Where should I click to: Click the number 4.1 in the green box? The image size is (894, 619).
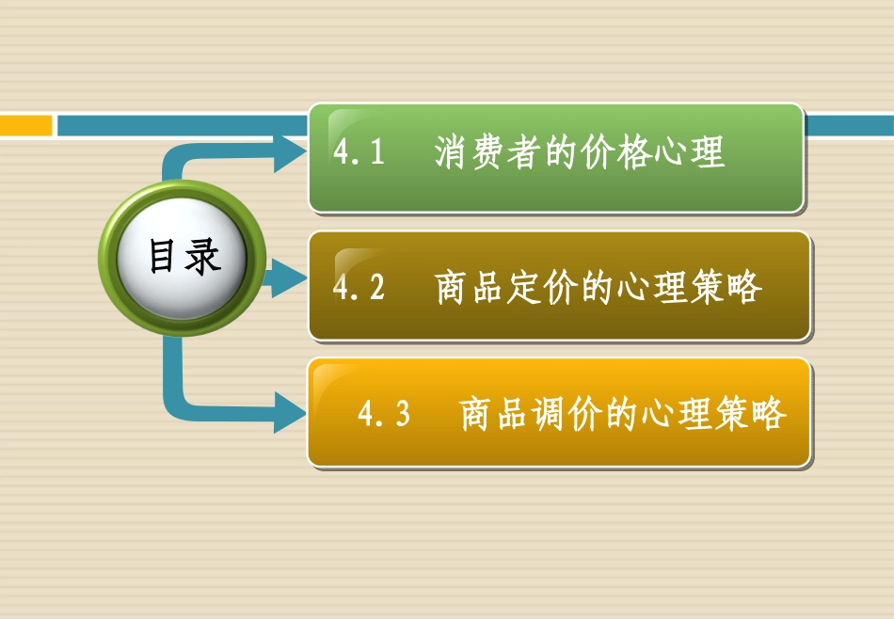click(360, 153)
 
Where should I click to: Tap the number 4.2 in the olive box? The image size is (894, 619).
click(359, 288)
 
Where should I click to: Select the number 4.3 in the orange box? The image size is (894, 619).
click(385, 414)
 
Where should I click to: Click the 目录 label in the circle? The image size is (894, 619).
click(184, 257)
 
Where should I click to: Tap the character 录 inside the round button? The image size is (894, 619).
click(202, 257)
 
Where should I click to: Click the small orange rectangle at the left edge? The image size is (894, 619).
click(25, 125)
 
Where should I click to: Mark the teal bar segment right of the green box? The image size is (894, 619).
click(849, 125)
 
